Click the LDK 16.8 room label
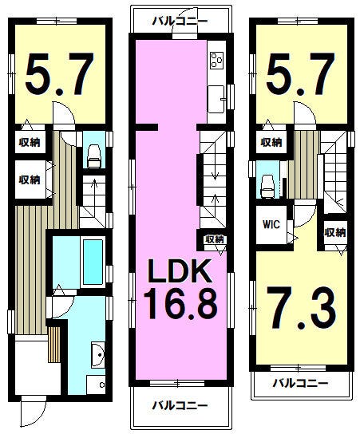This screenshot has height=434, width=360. tap(180, 289)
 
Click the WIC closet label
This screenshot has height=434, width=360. tap(271, 224)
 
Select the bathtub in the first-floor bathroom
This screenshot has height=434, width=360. tap(93, 262)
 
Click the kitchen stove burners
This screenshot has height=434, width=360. tap(216, 60)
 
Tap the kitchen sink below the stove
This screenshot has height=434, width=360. tap(216, 99)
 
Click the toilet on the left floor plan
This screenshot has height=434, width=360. tap(94, 156)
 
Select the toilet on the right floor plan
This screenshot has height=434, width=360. tap(267, 186)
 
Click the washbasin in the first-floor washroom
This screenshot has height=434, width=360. tap(97, 354)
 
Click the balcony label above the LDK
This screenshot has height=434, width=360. tap(180, 21)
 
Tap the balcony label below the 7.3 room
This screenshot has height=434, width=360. tap(300, 384)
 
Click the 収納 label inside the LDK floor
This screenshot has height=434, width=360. tap(216, 239)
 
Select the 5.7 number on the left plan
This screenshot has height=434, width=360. tap(60, 73)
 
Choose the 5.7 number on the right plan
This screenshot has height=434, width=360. tap(301, 73)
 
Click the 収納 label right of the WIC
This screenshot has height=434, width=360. tap(335, 232)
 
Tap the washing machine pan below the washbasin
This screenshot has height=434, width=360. tap(96, 385)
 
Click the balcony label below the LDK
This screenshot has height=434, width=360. tap(180, 406)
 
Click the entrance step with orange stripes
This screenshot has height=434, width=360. tap(54, 344)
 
